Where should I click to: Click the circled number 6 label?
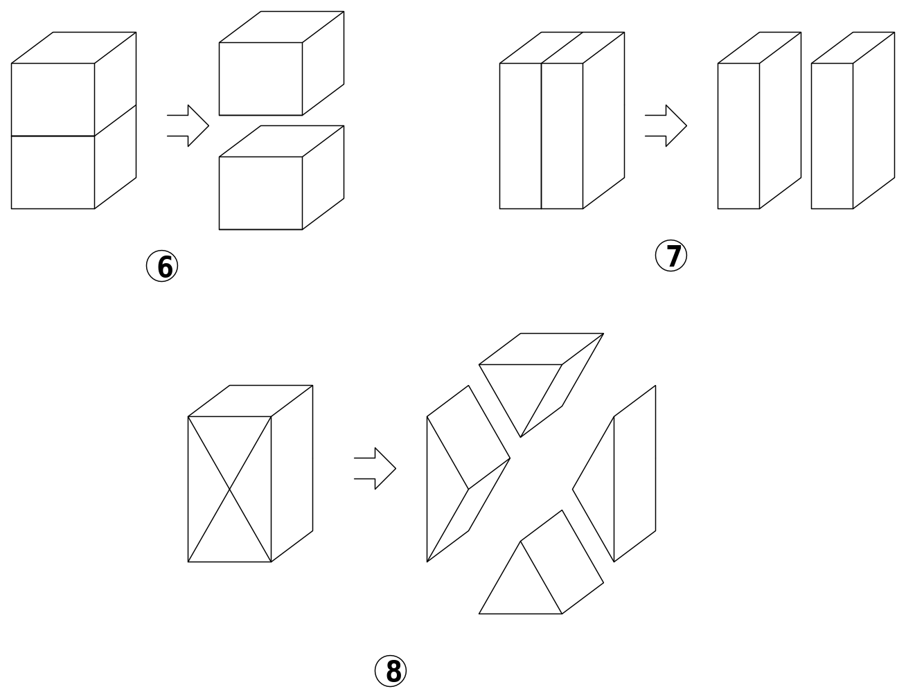pyautogui.click(x=162, y=266)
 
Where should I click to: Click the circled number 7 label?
pyautogui.click(x=671, y=256)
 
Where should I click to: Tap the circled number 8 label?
pyautogui.click(x=390, y=671)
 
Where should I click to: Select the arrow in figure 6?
pyautogui.click(x=188, y=125)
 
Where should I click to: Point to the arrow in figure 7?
pyautogui.click(x=666, y=125)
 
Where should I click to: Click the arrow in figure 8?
pyautogui.click(x=375, y=468)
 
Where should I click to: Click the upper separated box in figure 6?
pyautogui.click(x=281, y=63)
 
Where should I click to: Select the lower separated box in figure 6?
pyautogui.click(x=281, y=177)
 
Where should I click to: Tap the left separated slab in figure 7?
pyautogui.click(x=759, y=120)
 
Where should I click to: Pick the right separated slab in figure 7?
pyautogui.click(x=853, y=120)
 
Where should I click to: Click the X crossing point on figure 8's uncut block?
pyautogui.click(x=229, y=490)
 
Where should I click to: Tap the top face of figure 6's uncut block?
pyautogui.click(x=74, y=48)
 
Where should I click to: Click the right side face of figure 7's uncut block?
pyautogui.click(x=604, y=120)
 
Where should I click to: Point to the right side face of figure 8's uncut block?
pyautogui.click(x=292, y=474)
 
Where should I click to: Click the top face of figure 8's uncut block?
pyautogui.click(x=250, y=401)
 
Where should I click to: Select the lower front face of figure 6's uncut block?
pyautogui.click(x=53, y=172)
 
